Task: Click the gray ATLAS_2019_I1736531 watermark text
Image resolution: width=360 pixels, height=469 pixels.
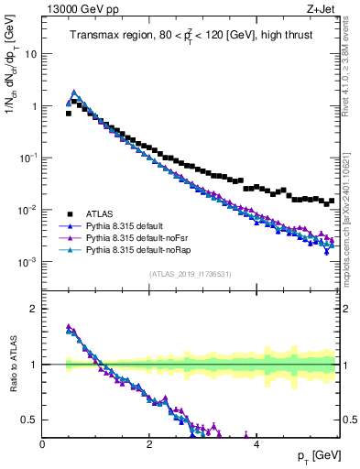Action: tap(190, 274)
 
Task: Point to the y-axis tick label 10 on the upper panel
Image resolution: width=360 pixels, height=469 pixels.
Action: tap(31, 54)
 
